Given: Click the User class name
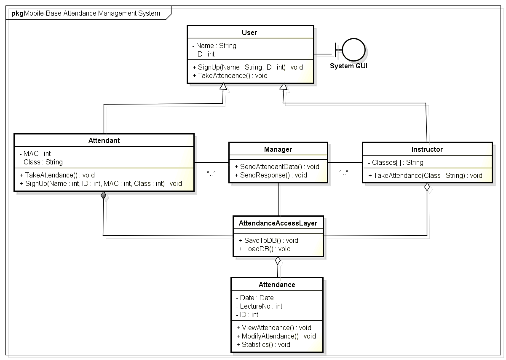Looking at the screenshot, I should click(x=249, y=32).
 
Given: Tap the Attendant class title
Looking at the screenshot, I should click(x=104, y=140).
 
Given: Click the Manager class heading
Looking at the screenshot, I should click(x=278, y=149).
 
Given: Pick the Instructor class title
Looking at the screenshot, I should click(x=427, y=149).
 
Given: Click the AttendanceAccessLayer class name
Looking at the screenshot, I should click(x=278, y=223).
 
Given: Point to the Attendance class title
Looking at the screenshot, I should click(x=277, y=285).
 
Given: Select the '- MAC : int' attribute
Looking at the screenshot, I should click(x=35, y=153).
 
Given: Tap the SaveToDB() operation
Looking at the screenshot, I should click(x=268, y=240).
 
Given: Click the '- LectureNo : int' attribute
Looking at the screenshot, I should click(x=259, y=306).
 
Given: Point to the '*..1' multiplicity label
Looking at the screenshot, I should click(x=211, y=173).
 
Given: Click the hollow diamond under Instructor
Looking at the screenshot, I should click(x=427, y=188).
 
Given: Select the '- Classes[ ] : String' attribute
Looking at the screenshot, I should click(x=395, y=162).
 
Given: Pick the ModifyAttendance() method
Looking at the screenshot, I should click(x=276, y=336).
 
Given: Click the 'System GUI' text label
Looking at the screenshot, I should click(x=348, y=66).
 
